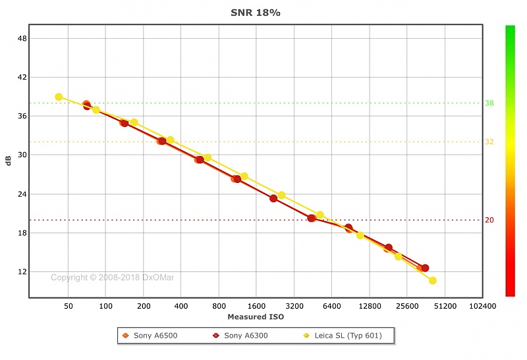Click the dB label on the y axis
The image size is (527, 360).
point(9,160)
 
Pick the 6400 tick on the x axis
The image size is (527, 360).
point(331,306)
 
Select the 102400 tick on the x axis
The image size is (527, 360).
point(482,306)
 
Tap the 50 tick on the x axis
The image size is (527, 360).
point(69,306)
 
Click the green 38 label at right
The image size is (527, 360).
point(489,103)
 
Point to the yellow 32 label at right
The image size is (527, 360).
point(489,142)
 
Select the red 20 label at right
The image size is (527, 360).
point(489,220)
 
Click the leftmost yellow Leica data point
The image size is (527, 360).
point(59,97)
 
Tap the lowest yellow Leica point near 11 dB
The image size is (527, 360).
point(433,280)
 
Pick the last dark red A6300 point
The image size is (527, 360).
point(425,268)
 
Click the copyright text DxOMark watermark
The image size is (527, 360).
point(112,278)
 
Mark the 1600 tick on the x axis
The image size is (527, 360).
point(256,306)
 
